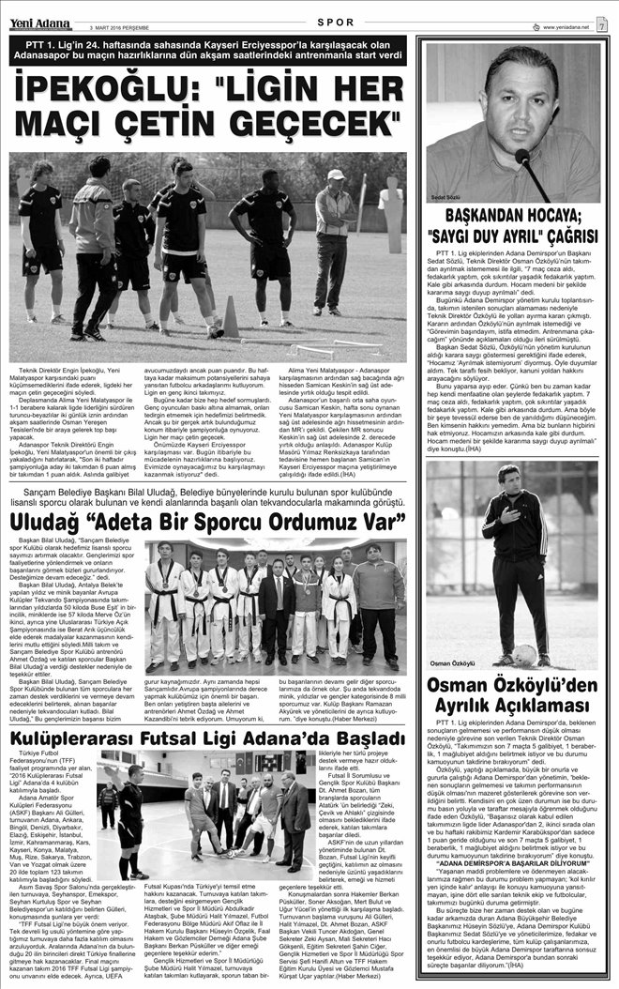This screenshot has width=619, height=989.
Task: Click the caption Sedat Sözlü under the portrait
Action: point(444,199)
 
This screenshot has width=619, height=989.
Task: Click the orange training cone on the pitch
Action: point(229,317)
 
